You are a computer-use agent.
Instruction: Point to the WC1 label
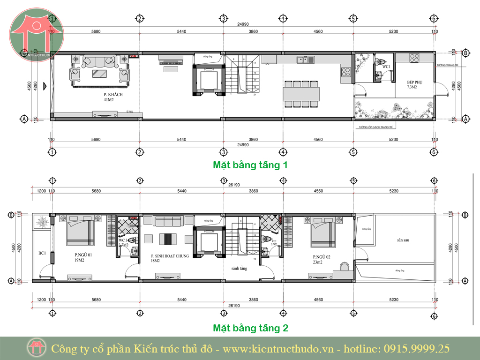(386, 67)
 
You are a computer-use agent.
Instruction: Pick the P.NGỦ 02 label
(322, 257)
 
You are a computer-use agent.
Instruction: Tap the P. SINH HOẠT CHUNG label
(169, 257)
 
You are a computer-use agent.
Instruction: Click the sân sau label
(403, 240)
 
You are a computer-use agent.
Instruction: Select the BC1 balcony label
(42, 253)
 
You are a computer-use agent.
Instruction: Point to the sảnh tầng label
(239, 269)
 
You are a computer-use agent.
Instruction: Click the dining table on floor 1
(301, 94)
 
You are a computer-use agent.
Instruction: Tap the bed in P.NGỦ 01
(81, 233)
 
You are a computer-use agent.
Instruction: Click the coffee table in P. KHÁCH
(99, 73)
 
